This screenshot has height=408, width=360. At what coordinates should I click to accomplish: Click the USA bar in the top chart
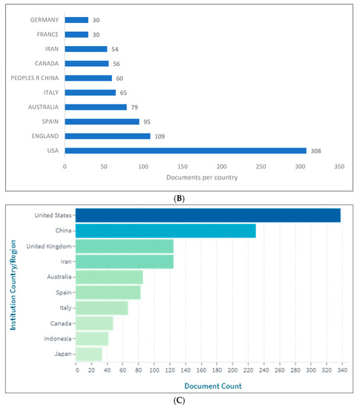(186, 150)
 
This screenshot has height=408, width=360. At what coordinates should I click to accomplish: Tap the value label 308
(315, 150)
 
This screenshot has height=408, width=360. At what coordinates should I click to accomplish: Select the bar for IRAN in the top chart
(86, 48)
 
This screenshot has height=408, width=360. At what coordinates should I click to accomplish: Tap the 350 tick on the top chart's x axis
(338, 167)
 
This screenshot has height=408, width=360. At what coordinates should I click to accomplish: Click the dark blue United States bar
(208, 215)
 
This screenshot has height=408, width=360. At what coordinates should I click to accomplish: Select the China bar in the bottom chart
(166, 231)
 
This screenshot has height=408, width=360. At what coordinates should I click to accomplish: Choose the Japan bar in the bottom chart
(89, 354)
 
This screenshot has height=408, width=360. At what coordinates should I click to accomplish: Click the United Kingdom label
(48, 246)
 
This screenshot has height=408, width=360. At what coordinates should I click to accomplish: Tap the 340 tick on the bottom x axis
(340, 370)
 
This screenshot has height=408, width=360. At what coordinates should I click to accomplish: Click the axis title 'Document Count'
(208, 385)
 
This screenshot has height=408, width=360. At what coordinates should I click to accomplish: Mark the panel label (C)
(180, 401)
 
